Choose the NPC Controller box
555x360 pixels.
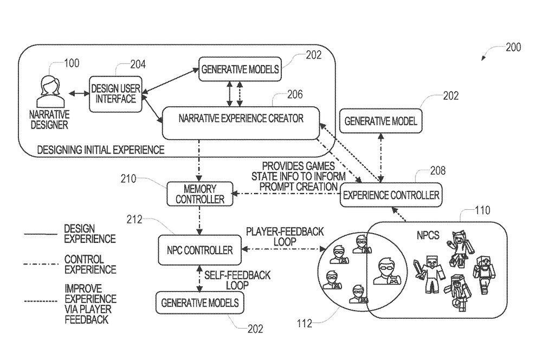coord(199,250)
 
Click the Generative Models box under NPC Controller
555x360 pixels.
coord(200,303)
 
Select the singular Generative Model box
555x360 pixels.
coord(381,121)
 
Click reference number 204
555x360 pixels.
coord(138,65)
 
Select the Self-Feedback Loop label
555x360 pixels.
coord(237,280)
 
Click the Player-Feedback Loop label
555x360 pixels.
coord(285,237)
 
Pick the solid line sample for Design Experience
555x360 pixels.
coord(40,234)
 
